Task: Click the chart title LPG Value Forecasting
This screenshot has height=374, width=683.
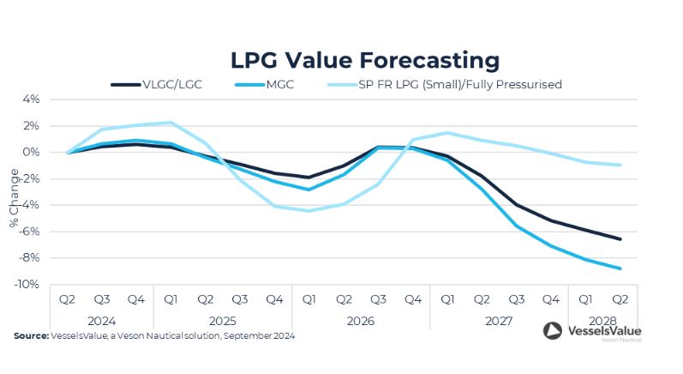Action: (x=364, y=60)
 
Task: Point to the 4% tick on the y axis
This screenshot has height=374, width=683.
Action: (x=32, y=100)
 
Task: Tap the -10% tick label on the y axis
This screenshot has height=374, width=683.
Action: (x=28, y=284)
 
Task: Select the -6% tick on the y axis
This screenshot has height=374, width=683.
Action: (x=30, y=232)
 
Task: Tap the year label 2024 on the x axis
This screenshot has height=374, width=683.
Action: (x=102, y=320)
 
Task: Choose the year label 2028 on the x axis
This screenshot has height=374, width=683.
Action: (x=602, y=320)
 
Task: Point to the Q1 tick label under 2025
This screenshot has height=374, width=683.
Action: (x=171, y=300)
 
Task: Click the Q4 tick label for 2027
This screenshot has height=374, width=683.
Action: (x=551, y=300)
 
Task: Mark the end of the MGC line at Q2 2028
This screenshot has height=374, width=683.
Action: (x=620, y=268)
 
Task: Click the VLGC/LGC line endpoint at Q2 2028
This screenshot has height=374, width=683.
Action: (x=620, y=239)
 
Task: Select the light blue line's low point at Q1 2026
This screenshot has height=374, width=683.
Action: (x=309, y=211)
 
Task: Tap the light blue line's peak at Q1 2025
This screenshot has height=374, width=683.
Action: (x=171, y=123)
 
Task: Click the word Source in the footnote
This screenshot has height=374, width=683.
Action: (x=30, y=336)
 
